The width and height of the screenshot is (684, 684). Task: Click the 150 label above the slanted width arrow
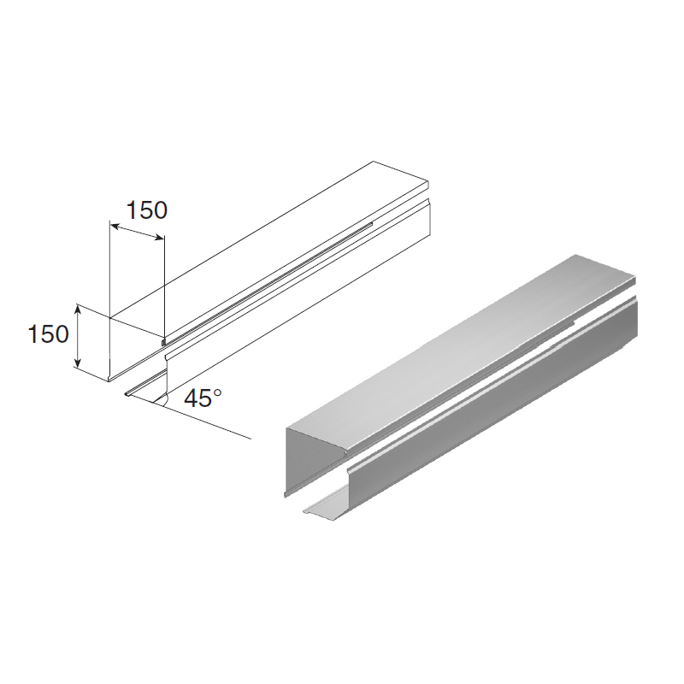point(146,209)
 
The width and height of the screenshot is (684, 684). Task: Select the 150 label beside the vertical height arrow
point(48,334)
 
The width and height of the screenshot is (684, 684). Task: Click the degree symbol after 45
point(217,392)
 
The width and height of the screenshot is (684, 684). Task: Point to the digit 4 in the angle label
point(191,398)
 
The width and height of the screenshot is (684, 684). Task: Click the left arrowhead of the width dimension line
point(115,226)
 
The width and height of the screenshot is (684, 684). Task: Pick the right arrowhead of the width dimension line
point(159,237)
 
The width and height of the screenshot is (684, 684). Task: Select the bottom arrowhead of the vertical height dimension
point(78,361)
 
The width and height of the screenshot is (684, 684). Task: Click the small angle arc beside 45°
point(166,400)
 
